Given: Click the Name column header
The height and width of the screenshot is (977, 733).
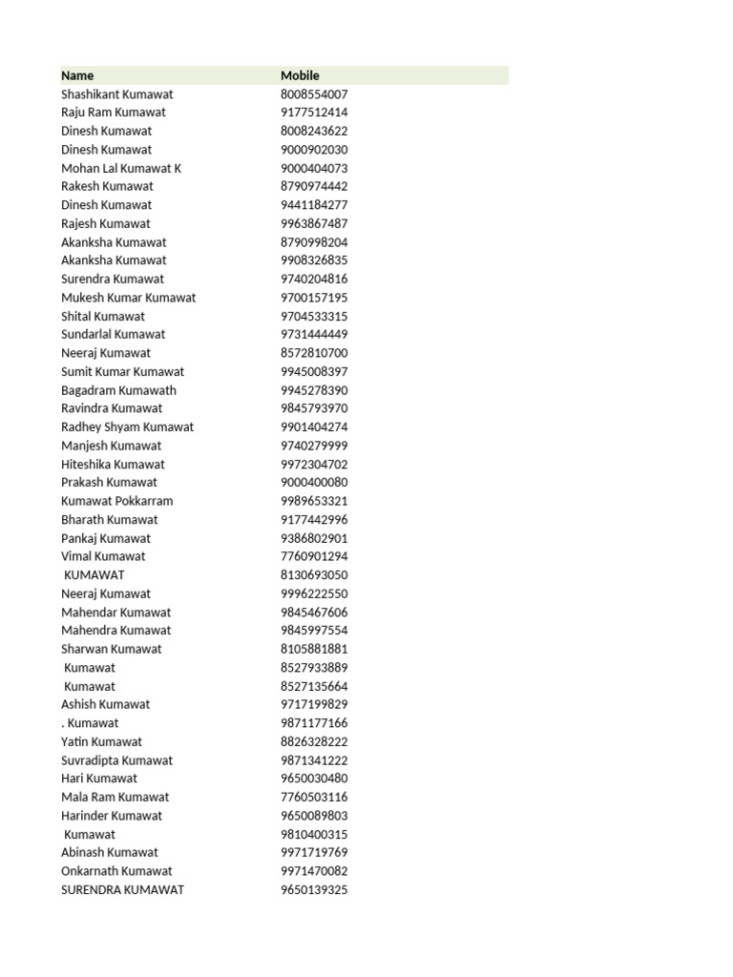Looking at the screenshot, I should click(77, 75).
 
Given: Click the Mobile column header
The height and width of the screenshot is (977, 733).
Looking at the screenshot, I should click(300, 75).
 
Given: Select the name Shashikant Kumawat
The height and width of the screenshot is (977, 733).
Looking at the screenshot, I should click(116, 94).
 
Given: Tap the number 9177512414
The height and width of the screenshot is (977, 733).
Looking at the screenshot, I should click(314, 113).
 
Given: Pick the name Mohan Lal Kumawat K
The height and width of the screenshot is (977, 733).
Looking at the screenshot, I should click(120, 168).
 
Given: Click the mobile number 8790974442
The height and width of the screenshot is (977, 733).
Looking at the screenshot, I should click(314, 186).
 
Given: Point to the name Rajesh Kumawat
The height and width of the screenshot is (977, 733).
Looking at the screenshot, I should click(105, 223).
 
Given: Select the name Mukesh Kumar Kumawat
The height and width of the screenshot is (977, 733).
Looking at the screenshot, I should click(128, 298).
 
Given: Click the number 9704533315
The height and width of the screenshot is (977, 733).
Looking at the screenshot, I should click(314, 316).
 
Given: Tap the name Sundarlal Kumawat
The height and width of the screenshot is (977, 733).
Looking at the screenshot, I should click(113, 334).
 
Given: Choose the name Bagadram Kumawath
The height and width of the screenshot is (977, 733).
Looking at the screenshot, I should click(118, 390).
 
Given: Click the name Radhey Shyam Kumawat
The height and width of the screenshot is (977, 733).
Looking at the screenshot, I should click(127, 426).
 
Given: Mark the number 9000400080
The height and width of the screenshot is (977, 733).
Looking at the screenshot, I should click(314, 482).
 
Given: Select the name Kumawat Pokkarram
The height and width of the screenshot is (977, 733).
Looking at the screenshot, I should click(116, 501).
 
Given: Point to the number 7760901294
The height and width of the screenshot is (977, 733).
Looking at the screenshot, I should click(314, 556).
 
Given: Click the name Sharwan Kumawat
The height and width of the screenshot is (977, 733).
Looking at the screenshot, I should click(111, 649).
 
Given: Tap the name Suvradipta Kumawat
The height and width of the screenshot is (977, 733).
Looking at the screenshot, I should click(116, 760).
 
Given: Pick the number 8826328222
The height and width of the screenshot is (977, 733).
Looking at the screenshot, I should click(314, 741).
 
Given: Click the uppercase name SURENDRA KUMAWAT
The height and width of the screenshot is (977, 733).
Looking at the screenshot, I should click(122, 890).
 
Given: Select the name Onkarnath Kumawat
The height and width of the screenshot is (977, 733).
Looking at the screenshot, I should click(116, 871).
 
